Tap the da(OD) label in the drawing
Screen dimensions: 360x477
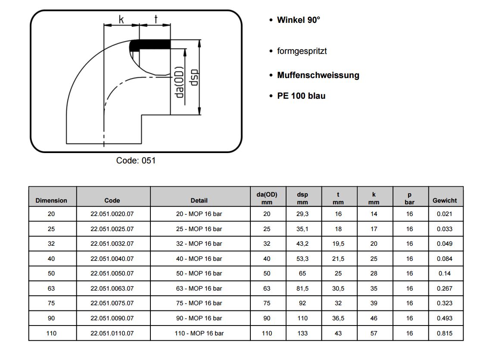click(180, 82)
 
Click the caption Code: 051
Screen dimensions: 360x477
click(136, 160)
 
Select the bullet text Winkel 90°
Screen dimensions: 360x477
click(299, 20)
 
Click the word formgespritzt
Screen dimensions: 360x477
click(302, 51)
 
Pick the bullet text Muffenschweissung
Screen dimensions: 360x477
click(318, 75)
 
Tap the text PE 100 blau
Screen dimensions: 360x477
click(301, 96)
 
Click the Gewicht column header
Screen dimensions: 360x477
click(445, 200)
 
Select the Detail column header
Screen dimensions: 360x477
click(199, 200)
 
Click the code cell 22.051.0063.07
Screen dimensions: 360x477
click(112, 288)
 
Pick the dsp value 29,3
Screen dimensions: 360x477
click(302, 214)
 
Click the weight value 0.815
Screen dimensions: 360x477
click(445, 333)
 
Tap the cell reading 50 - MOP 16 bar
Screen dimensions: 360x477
click(199, 273)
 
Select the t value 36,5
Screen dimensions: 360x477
click(338, 318)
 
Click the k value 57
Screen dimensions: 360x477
click(374, 333)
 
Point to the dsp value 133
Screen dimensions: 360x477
click(302, 333)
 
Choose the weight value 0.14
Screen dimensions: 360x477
click(445, 273)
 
